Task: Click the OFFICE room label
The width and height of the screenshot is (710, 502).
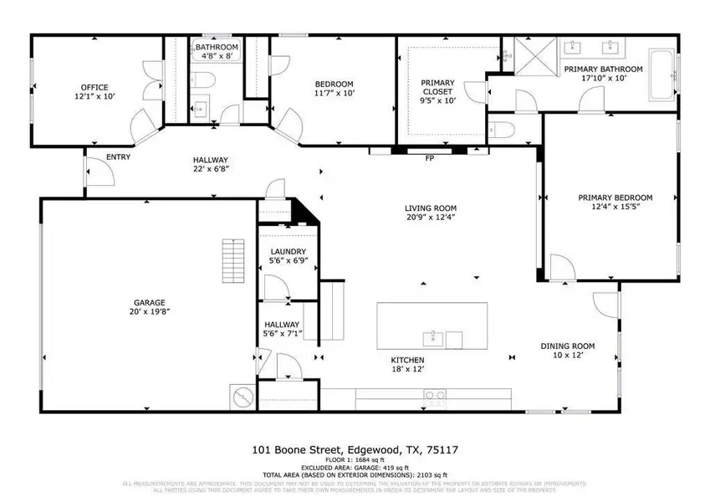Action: click(x=94, y=87)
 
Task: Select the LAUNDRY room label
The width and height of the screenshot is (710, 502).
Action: click(x=288, y=252)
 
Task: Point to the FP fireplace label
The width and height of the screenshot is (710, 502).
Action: click(x=429, y=158)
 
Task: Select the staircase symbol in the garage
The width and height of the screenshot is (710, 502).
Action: click(x=232, y=260)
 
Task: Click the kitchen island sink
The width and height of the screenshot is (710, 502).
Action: click(x=432, y=339)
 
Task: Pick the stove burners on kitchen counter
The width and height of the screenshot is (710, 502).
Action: click(x=435, y=395)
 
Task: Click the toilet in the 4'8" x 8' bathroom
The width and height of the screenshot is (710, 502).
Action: click(x=206, y=80)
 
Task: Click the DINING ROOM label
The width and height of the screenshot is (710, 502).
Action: click(x=567, y=346)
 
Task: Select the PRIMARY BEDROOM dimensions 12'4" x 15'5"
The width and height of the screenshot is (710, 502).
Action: click(x=615, y=207)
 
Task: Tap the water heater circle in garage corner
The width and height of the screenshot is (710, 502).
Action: click(x=241, y=396)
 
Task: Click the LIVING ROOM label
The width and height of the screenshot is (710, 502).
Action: click(x=431, y=208)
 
